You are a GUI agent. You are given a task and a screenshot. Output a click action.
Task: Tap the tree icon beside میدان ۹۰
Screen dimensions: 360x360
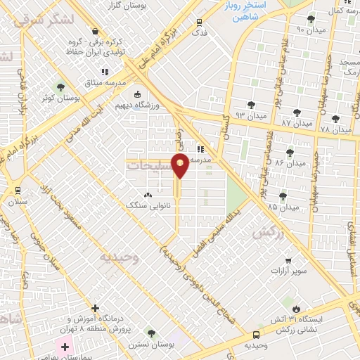pyautogui.click(x=311, y=19)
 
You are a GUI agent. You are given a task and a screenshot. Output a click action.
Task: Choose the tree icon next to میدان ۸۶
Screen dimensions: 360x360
pyautogui.click(x=289, y=152)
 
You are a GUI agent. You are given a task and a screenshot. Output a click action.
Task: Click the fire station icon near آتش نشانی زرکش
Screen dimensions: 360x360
pyautogui.click(x=296, y=309)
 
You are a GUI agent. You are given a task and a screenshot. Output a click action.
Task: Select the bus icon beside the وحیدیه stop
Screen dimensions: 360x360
pyautogui.click(x=256, y=335)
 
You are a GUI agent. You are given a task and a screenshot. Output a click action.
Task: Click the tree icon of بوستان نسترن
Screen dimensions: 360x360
pyautogui.click(x=150, y=331)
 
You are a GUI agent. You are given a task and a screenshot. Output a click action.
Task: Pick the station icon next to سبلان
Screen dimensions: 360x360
pyautogui.click(x=18, y=191)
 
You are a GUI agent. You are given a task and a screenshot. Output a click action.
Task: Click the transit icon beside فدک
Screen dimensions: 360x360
pyautogui.click(x=200, y=22)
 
